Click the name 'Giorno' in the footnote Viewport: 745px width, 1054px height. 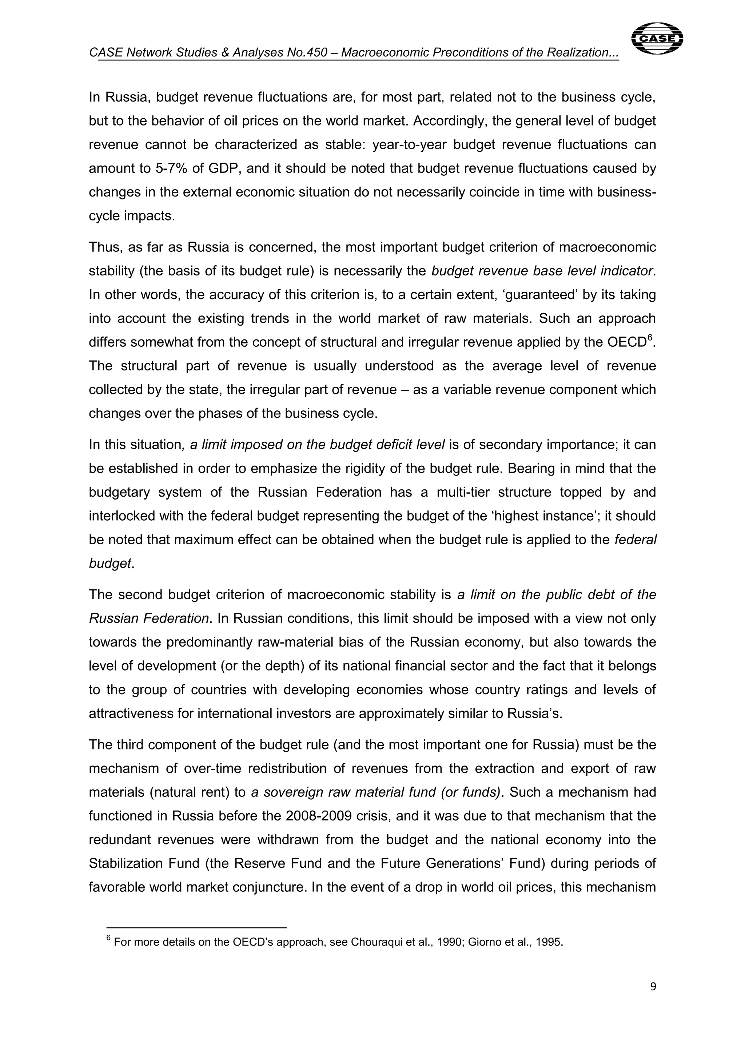[482, 942]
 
